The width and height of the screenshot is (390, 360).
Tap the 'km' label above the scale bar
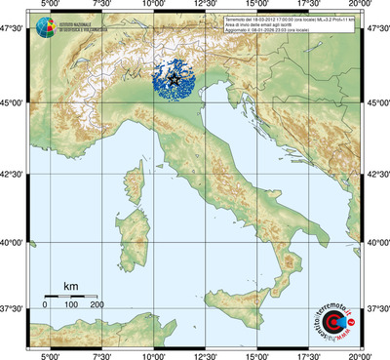(70, 285)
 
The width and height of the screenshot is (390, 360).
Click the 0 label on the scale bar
(45, 305)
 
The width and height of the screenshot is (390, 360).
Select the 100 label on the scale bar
(70, 305)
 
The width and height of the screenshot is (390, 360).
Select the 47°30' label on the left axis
(14, 32)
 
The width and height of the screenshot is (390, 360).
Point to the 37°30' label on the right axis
(377, 309)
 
